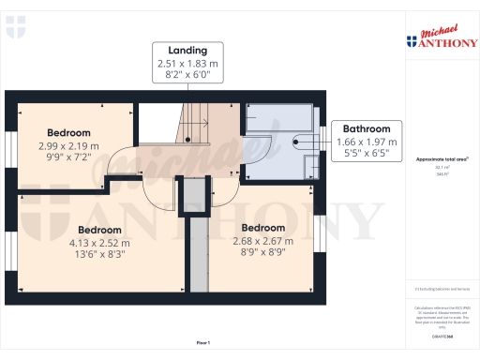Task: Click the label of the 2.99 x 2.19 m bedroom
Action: coord(69,133)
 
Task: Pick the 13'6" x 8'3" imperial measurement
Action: coord(98,255)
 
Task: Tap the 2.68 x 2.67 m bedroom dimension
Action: coord(262,240)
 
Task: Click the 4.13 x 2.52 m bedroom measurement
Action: coord(98,243)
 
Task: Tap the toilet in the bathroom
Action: coord(310,164)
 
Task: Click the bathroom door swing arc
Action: coord(259,150)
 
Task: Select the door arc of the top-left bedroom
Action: coord(122,165)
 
